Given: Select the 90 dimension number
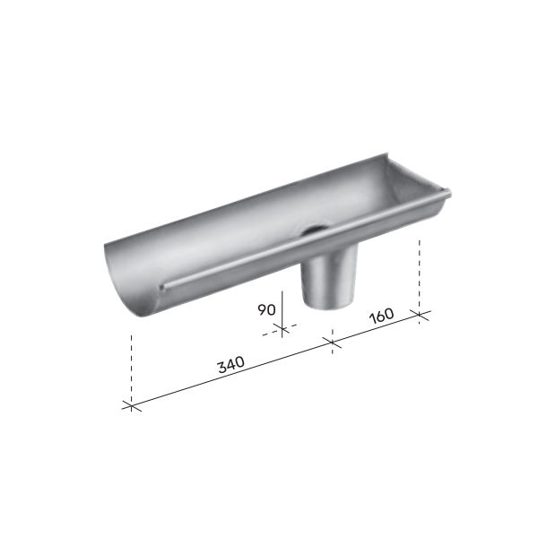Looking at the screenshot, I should point(266,310).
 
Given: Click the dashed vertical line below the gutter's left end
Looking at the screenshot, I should point(132,368).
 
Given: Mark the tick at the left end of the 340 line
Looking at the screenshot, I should point(132,406).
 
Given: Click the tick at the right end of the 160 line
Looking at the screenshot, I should point(420,313).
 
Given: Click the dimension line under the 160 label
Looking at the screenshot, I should point(377,327).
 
